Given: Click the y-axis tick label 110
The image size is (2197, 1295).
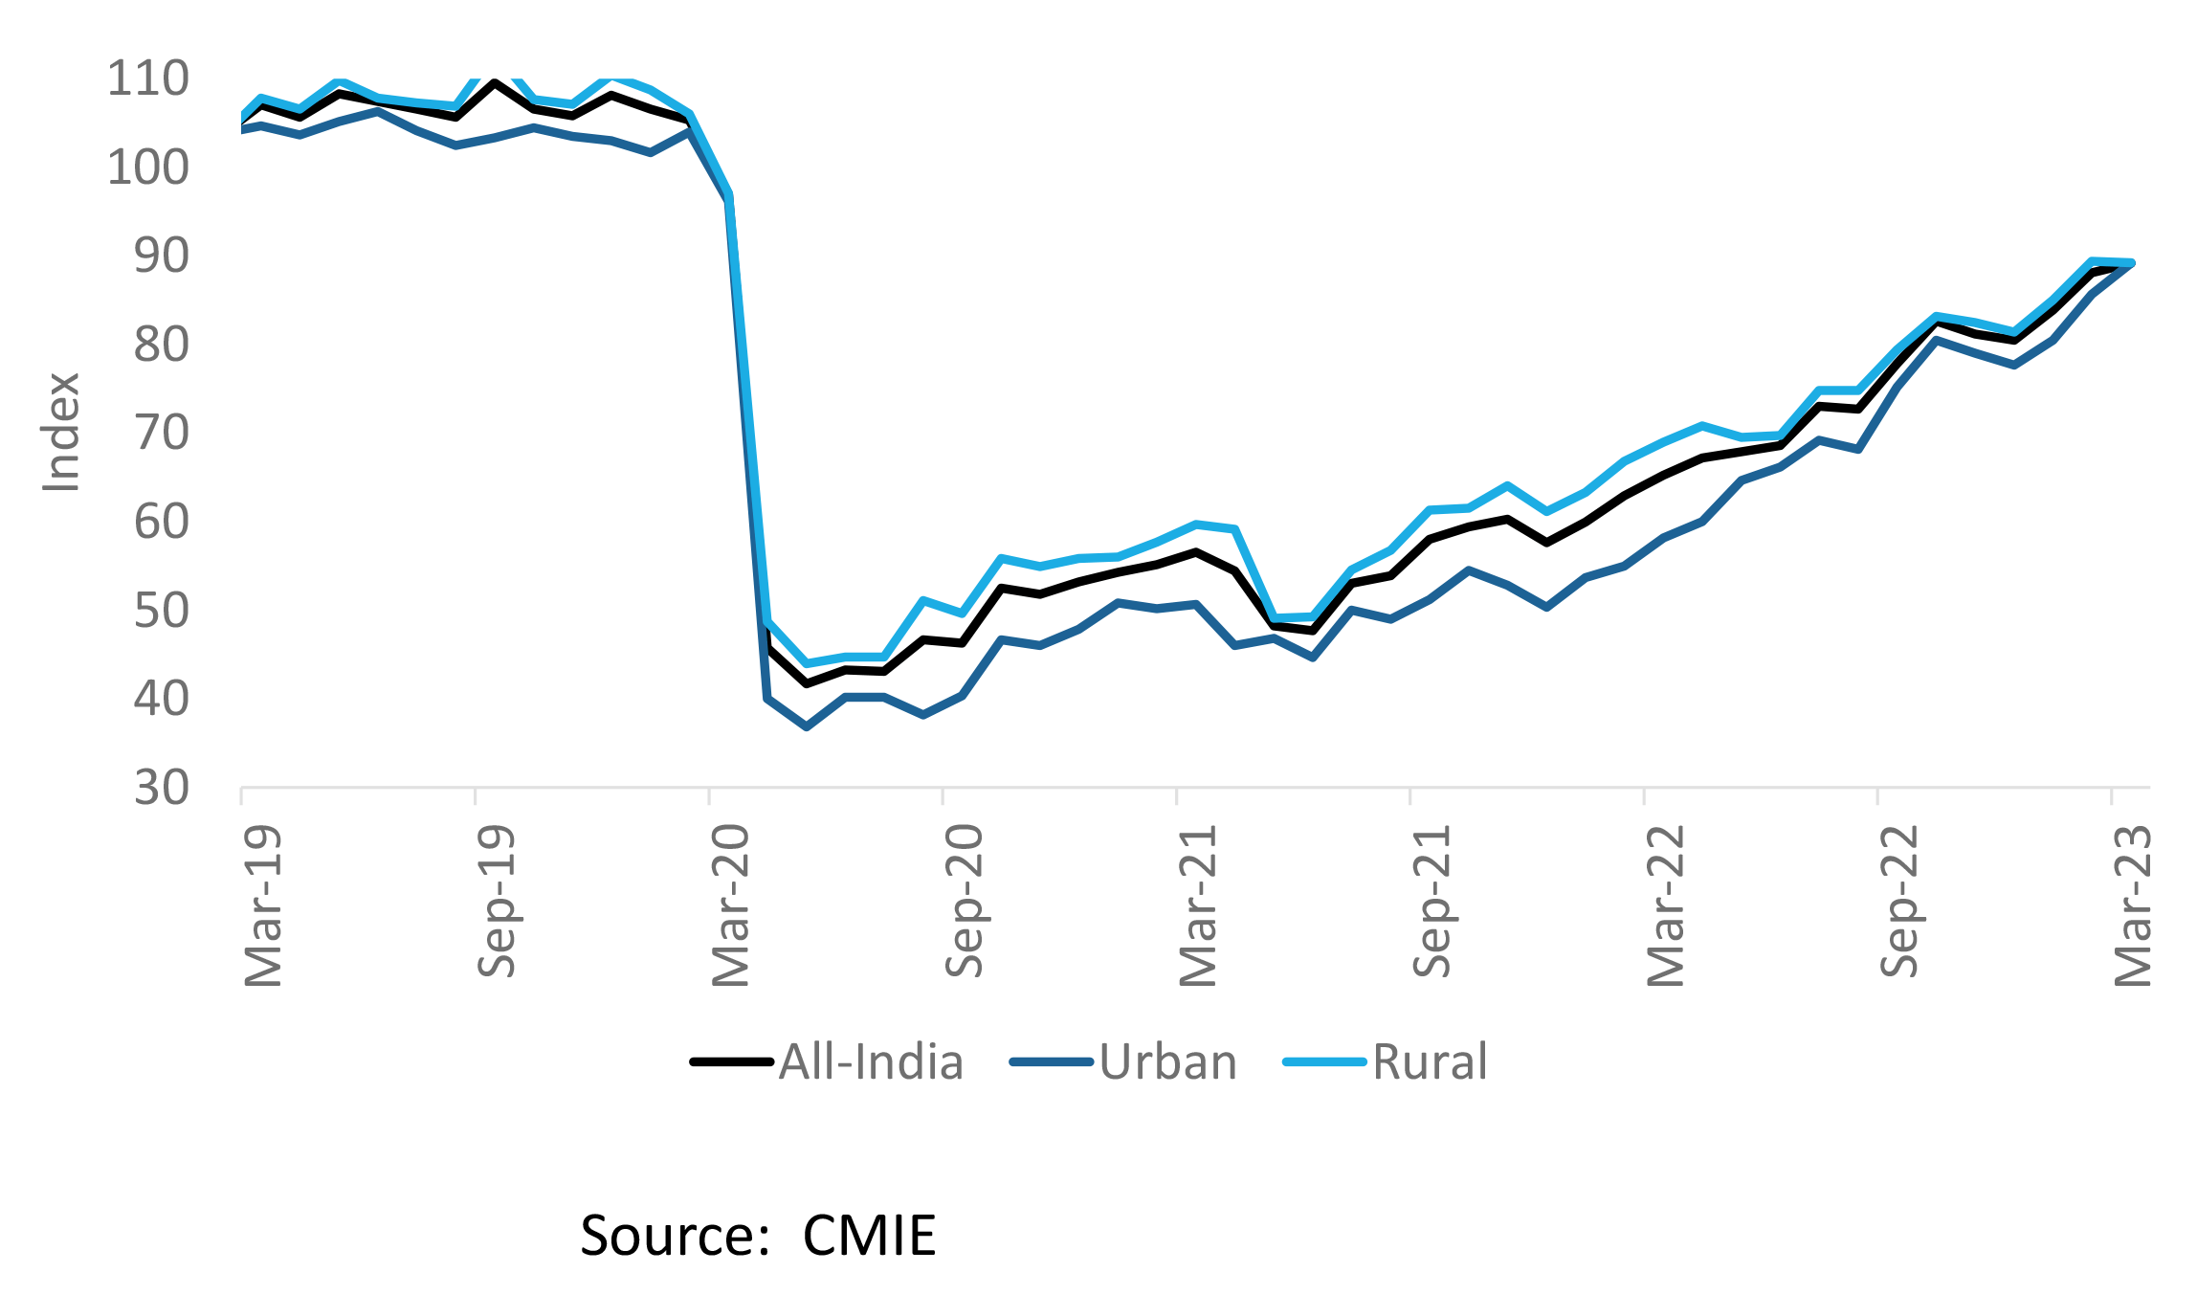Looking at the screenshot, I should click(148, 78).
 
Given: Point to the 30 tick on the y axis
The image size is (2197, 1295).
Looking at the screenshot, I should click(162, 788).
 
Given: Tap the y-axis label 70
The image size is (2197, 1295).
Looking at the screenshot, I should click(162, 434).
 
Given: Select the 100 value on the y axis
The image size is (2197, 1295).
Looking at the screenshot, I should click(148, 167).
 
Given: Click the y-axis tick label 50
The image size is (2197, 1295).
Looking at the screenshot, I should click(162, 611).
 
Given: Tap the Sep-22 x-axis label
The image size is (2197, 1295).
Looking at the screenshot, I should click(1900, 901).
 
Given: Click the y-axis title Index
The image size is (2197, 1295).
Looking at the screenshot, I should click(61, 433).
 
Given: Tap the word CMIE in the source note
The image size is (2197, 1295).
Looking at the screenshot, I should click(869, 1236).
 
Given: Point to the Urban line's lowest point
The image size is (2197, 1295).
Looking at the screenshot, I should click(807, 727).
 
